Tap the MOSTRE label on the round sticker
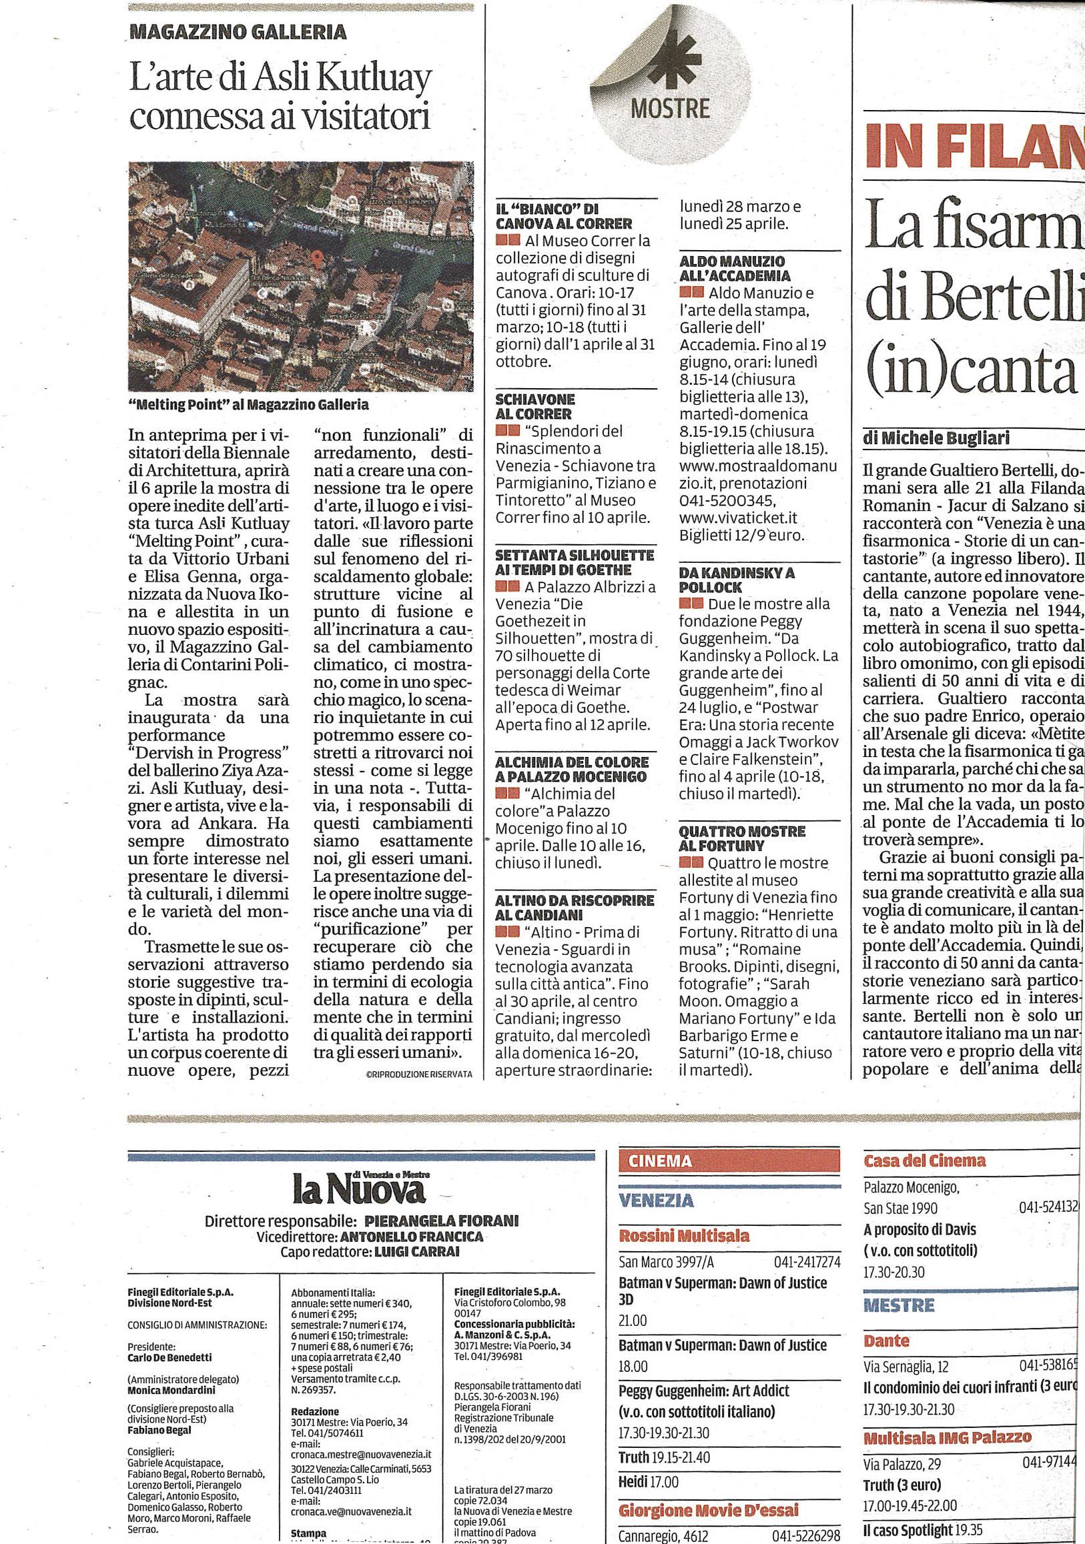(670, 109)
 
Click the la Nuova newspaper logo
(360, 1189)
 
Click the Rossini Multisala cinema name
(684, 1235)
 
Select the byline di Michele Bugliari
(936, 438)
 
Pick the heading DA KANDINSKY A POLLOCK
(737, 580)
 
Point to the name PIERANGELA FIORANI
(441, 1221)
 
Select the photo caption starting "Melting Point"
(248, 405)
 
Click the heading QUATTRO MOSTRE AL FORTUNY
(742, 838)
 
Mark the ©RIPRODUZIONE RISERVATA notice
(419, 1074)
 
